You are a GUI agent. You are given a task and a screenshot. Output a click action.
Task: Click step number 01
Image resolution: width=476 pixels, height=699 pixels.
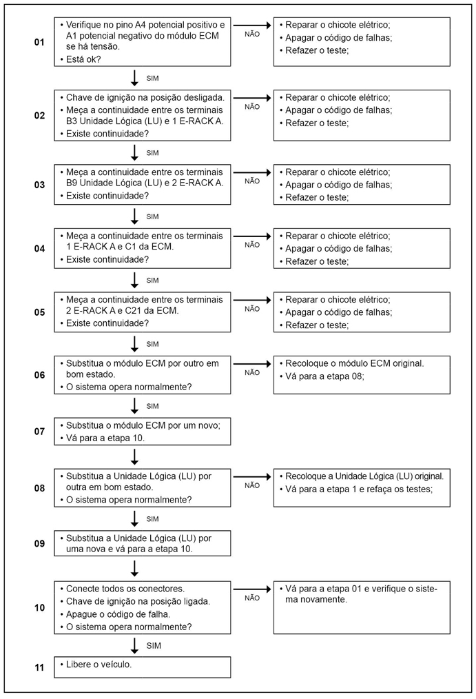[39, 43]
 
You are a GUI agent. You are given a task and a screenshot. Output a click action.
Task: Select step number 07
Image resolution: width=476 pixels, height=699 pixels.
[39, 432]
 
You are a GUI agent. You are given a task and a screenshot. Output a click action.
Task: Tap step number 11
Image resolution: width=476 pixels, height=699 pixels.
[39, 667]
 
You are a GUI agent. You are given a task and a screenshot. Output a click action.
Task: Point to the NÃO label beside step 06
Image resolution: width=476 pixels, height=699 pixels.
[252, 372]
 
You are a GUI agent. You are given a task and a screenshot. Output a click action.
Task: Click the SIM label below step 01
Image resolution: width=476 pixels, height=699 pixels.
[153, 79]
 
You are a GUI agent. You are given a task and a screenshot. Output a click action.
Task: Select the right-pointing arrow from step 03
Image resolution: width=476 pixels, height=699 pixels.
[252, 172]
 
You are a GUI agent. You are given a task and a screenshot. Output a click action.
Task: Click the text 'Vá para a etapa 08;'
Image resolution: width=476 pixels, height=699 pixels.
[323, 376]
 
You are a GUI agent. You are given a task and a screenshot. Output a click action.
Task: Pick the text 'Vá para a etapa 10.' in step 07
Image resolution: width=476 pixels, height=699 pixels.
[106, 438]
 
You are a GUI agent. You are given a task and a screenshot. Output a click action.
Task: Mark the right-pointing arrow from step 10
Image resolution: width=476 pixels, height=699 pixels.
[252, 589]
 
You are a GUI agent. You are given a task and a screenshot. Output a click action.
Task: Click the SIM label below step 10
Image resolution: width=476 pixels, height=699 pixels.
[153, 645]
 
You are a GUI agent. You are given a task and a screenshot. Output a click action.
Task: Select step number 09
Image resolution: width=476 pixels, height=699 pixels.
[39, 544]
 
